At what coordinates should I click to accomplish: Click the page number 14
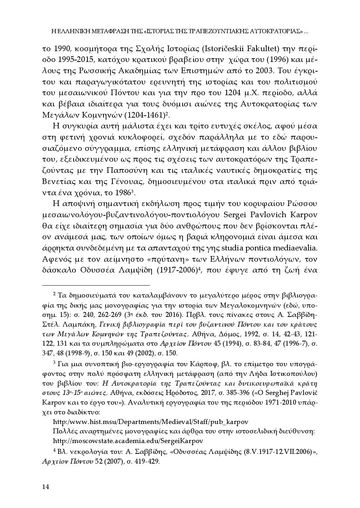point(46,486)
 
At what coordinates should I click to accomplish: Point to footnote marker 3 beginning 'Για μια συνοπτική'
point(55,362)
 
